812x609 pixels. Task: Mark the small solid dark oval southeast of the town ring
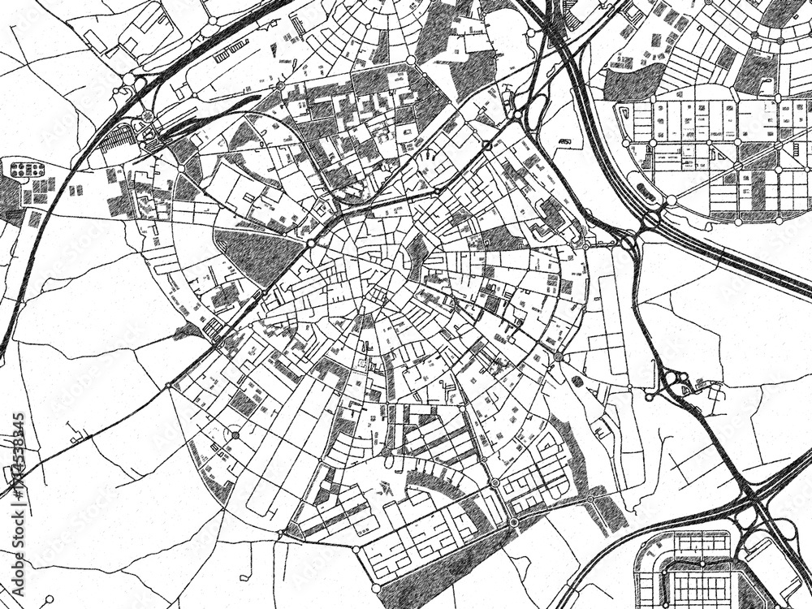(x=577, y=381)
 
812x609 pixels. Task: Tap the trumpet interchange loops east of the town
(x=674, y=382)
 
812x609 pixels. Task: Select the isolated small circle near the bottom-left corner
(x=50, y=599)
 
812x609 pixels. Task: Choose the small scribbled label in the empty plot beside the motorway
(x=566, y=144)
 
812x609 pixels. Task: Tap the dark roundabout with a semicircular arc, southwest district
(x=235, y=435)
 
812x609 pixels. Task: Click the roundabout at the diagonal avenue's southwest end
(x=169, y=386)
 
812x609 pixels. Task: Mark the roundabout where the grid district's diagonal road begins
(x=672, y=200)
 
